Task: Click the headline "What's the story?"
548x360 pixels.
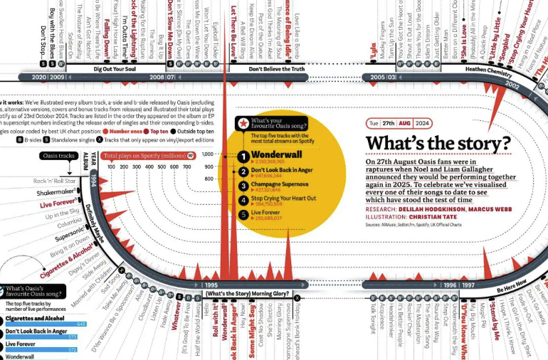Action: point(438,144)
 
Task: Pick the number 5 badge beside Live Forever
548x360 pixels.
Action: point(243,213)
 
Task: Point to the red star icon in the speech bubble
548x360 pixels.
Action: point(243,125)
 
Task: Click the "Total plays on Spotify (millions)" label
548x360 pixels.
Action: point(142,155)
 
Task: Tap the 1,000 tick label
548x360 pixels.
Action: point(208,154)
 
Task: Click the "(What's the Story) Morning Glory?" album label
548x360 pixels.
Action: point(248,294)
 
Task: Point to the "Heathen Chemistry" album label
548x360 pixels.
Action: point(489,70)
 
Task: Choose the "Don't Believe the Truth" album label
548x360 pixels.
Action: point(276,69)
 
